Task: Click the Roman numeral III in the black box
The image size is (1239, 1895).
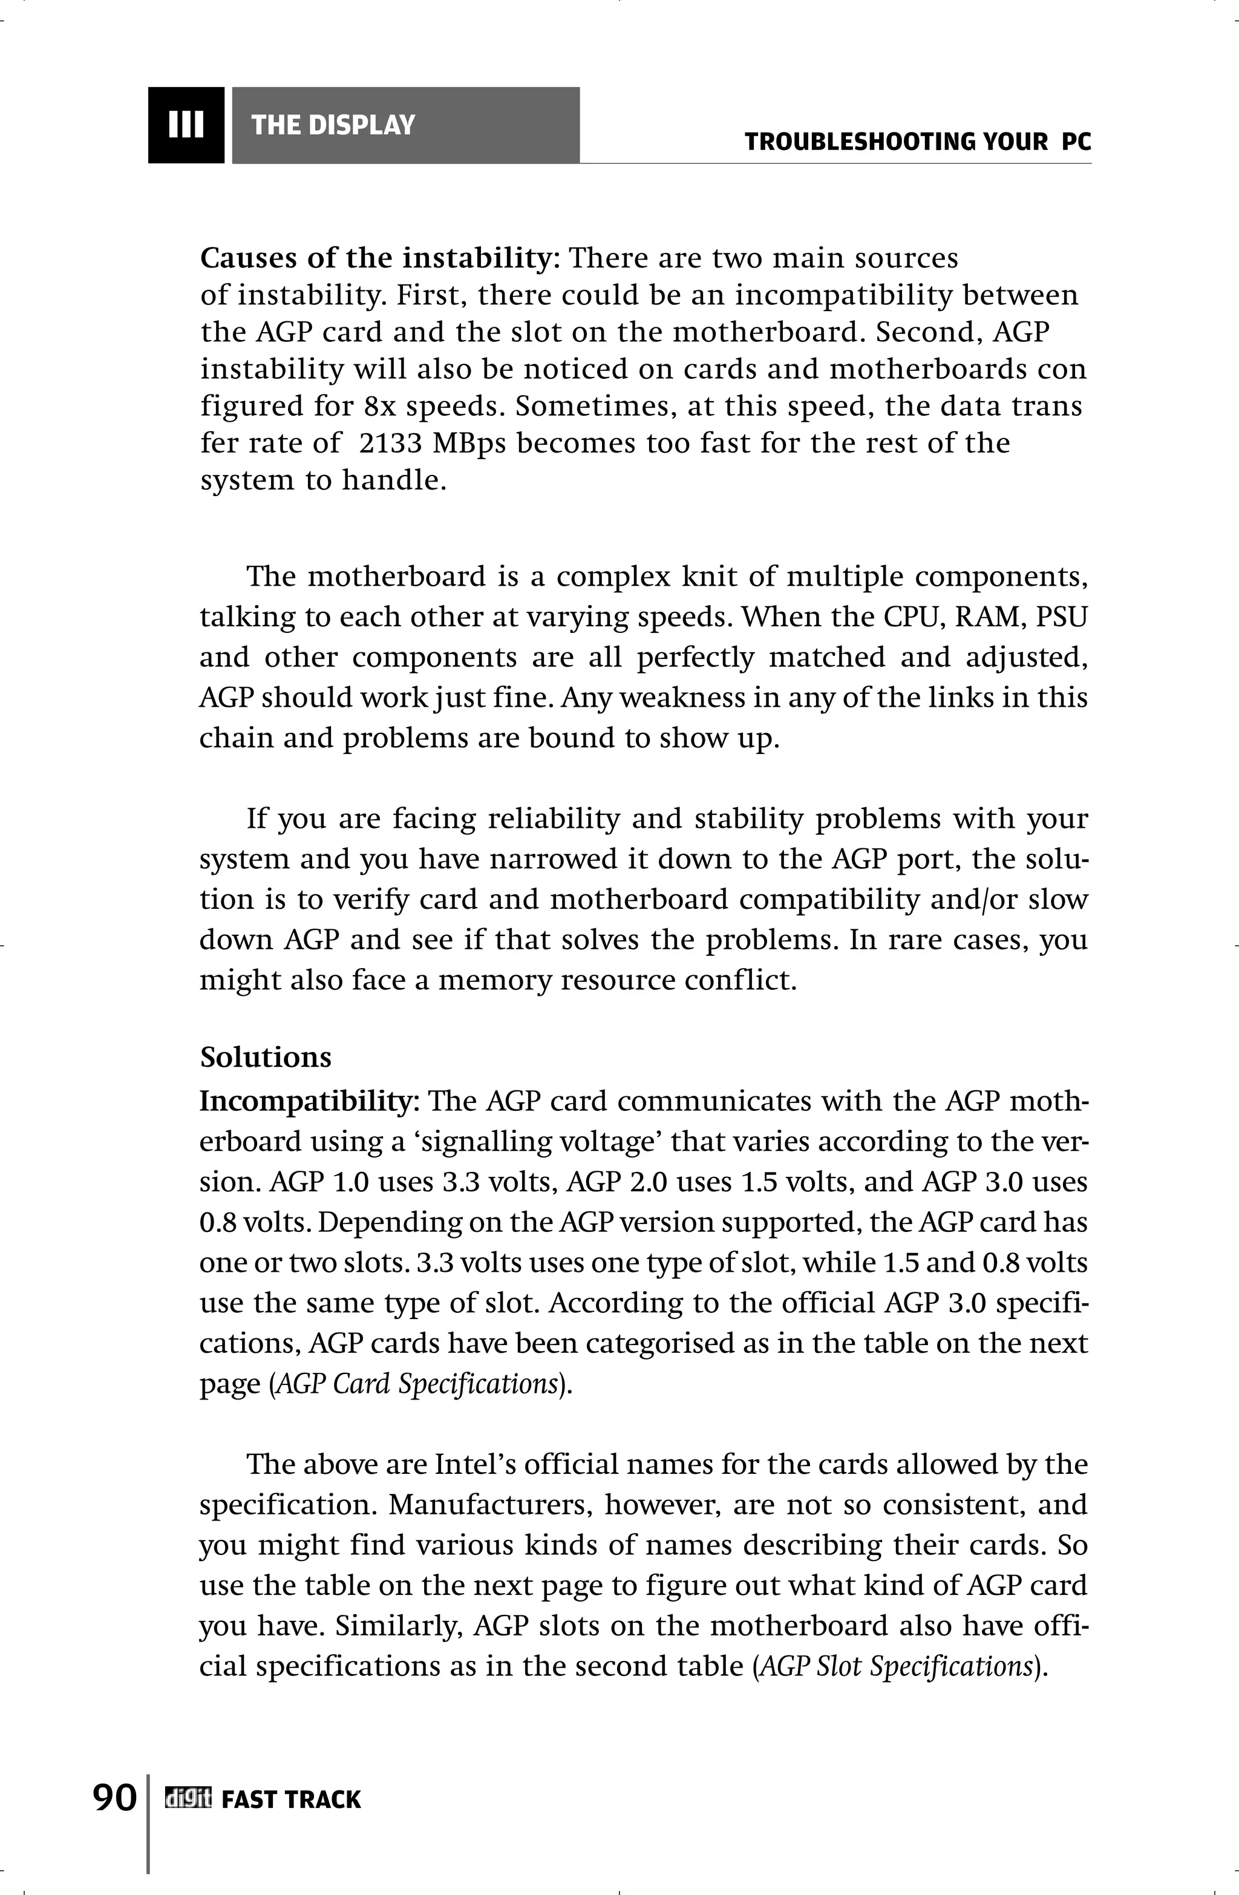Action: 186,125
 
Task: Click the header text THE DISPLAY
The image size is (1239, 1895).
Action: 333,125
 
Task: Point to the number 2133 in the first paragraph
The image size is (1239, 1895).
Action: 390,443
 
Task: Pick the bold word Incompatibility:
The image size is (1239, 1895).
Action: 310,1102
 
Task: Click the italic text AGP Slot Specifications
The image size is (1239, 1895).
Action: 896,1666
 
